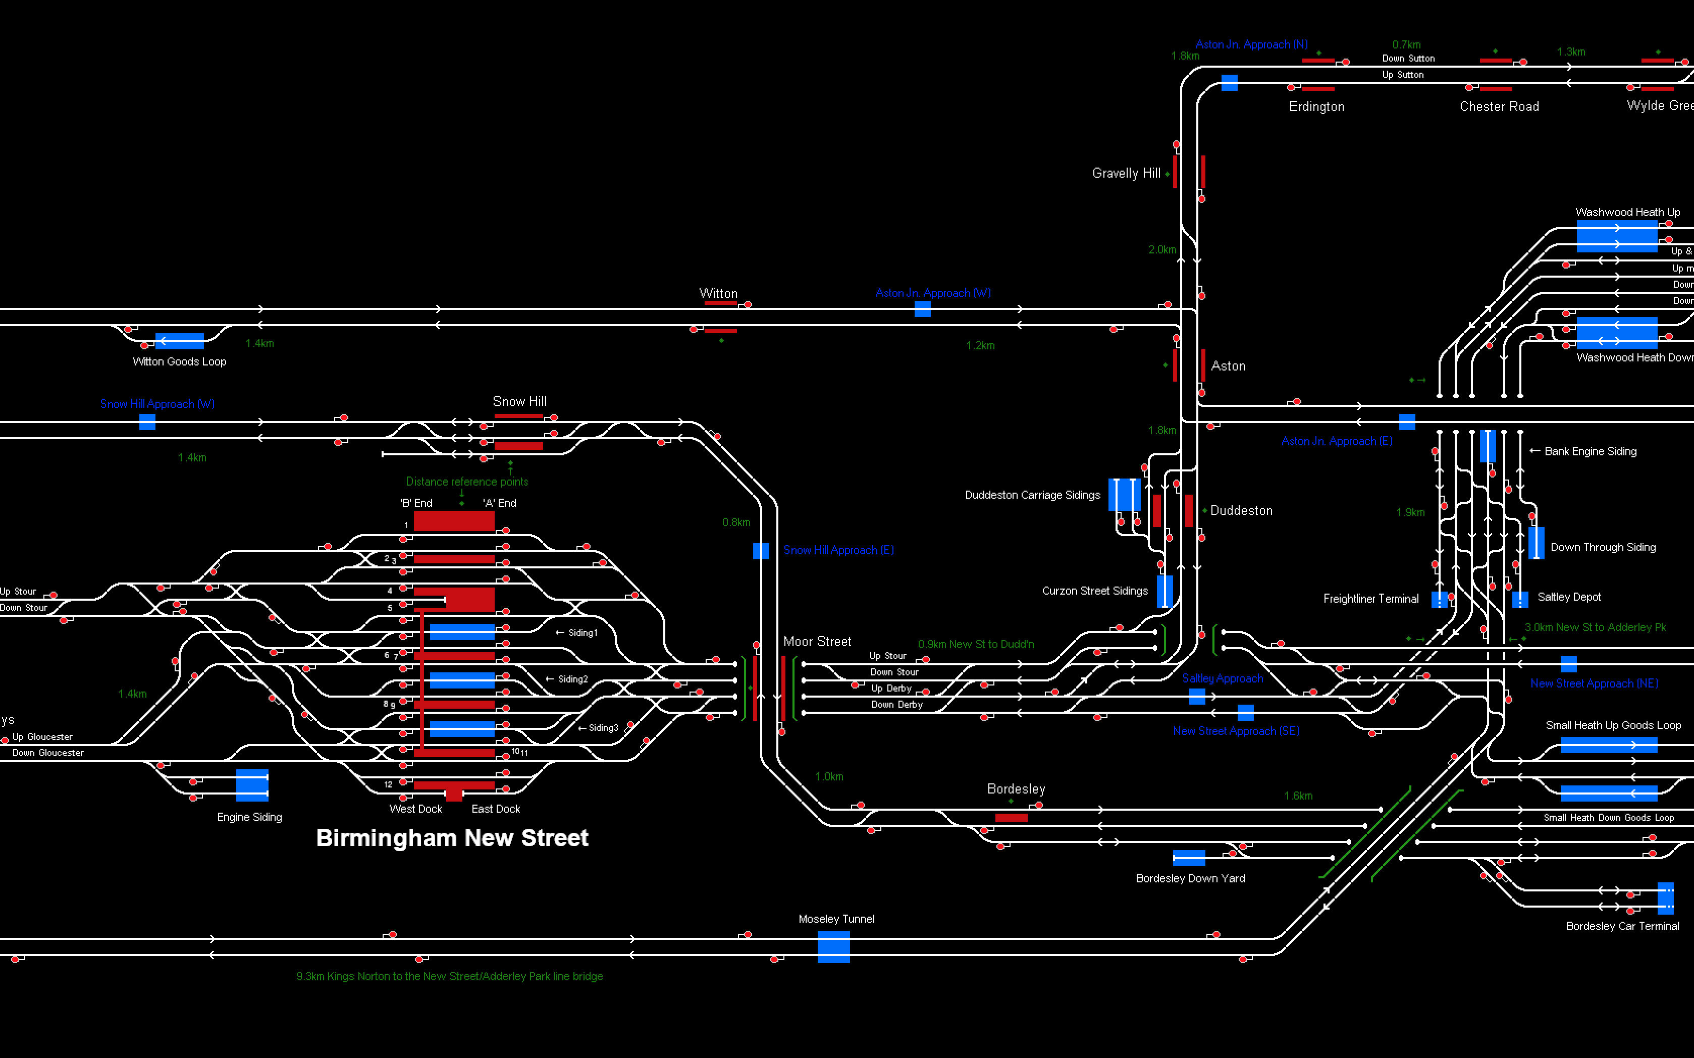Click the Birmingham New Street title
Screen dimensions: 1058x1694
(x=452, y=837)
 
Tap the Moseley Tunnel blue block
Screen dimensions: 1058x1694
(x=833, y=947)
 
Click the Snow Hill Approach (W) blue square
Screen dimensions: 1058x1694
(x=147, y=421)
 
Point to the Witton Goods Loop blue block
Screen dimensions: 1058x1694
(x=179, y=341)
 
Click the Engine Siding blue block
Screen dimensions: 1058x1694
(x=252, y=785)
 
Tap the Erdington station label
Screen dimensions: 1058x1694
(x=1316, y=107)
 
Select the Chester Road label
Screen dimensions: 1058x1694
(x=1499, y=107)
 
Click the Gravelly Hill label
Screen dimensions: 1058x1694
(x=1126, y=173)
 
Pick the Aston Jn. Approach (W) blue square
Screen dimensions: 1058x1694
(x=922, y=308)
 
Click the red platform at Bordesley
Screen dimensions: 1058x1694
(x=1011, y=817)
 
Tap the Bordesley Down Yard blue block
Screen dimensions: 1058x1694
(x=1189, y=858)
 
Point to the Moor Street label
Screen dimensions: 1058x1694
(x=817, y=642)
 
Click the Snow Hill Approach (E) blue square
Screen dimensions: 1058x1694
(x=761, y=551)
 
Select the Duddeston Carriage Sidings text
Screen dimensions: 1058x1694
(x=1032, y=495)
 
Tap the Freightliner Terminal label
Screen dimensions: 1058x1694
(x=1370, y=598)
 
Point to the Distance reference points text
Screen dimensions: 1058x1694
(x=467, y=482)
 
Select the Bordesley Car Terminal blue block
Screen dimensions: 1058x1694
(x=1665, y=898)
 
